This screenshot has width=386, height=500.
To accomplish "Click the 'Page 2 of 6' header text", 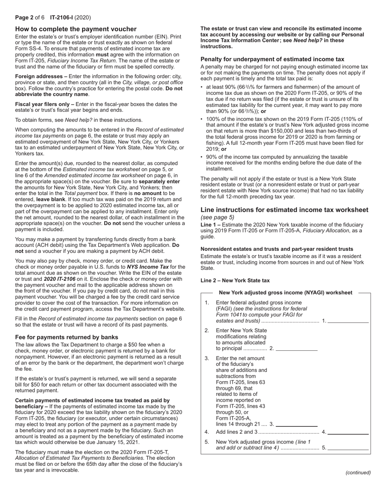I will tap(31, 17).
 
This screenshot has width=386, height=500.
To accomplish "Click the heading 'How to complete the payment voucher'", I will tap(76, 29).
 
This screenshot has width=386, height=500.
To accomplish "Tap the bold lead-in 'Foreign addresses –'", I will tap(41, 76).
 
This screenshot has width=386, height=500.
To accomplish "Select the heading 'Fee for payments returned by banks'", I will tap(67, 337).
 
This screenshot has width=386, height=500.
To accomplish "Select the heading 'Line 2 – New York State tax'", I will tap(235, 280).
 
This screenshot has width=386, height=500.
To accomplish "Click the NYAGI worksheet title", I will tap(285, 293).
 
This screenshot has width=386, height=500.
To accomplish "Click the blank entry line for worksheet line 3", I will tap(297, 424).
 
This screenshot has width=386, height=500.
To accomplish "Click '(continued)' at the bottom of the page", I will tap(358, 472).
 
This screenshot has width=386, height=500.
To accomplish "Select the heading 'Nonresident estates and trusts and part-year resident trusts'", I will tap(277, 249).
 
